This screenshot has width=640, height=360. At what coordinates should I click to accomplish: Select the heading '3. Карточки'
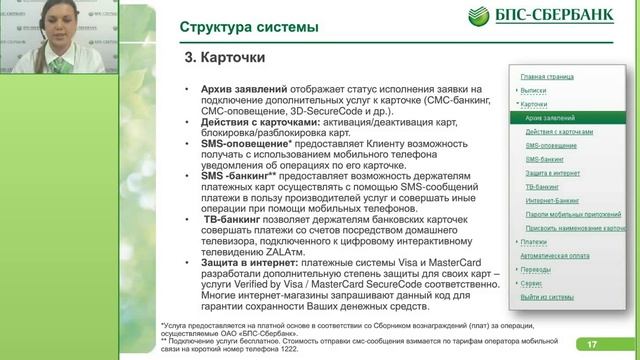(223, 58)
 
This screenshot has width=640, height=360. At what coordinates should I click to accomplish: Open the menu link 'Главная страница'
(545, 76)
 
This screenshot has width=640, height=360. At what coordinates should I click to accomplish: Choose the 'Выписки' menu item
(534, 90)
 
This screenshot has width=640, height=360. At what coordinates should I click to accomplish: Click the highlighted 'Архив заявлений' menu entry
(549, 117)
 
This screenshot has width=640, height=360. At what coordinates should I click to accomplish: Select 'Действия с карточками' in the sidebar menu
(559, 131)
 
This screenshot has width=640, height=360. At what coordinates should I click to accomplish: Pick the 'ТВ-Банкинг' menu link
(542, 186)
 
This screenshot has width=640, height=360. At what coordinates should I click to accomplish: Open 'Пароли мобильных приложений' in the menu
(566, 214)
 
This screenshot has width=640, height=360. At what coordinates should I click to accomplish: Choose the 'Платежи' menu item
(534, 242)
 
